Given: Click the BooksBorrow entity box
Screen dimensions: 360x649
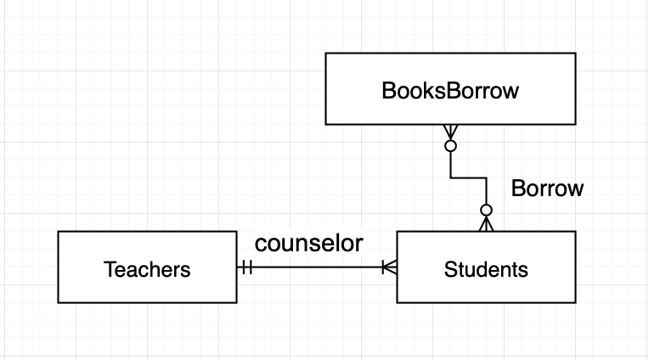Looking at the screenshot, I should [451, 90].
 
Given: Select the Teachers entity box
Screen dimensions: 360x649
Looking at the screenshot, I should [147, 267].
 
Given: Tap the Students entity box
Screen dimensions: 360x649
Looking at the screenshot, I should [486, 267].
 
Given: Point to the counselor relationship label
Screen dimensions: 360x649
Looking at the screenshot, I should [309, 244].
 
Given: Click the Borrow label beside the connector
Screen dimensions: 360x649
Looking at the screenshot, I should [547, 188].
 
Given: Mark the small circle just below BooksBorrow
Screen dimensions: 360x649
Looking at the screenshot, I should [451, 146].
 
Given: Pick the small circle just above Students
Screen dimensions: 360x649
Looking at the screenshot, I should [486, 210].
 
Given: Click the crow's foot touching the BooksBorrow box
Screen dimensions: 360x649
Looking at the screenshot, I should [451, 132].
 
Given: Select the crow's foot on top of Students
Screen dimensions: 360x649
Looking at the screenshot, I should [486, 224].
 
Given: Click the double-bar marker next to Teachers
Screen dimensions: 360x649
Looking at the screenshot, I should [247, 267].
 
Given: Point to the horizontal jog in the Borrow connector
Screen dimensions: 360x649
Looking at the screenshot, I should [468, 177].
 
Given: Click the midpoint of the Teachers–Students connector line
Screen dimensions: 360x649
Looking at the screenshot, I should [317, 267].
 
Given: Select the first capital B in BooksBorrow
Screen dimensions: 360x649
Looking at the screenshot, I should [387, 92].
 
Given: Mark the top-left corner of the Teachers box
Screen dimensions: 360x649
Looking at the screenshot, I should [58, 232].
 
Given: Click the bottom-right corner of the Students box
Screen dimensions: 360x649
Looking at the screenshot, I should [575, 302].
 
